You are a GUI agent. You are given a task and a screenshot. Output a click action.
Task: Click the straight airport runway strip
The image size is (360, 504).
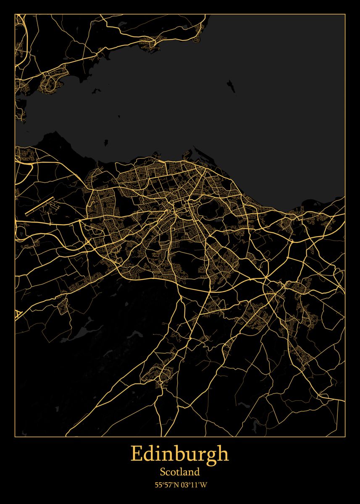(x=39, y=205)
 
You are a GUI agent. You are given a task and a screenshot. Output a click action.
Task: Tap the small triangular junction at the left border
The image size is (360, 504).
(x=18, y=314)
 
